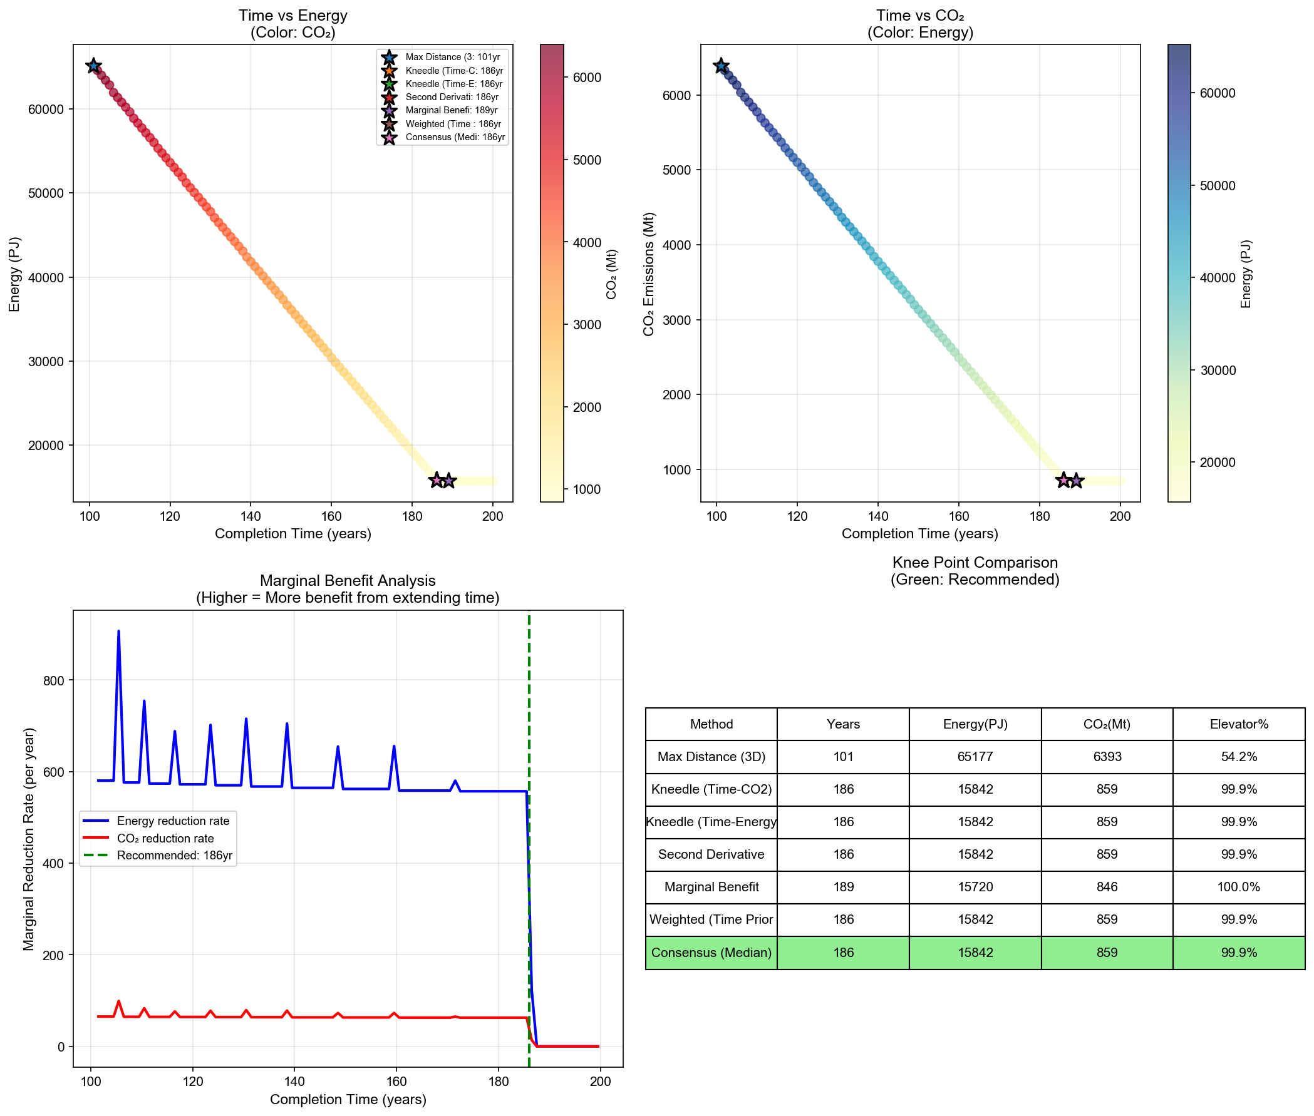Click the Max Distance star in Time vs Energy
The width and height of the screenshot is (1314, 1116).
pyautogui.click(x=94, y=66)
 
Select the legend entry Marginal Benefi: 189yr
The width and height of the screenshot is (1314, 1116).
pyautogui.click(x=452, y=110)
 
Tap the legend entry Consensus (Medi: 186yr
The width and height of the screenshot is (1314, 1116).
pyautogui.click(x=455, y=136)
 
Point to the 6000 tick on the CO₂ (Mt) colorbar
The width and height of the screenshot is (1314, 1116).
pyautogui.click(x=587, y=78)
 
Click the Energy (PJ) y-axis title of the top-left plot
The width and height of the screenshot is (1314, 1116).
pyautogui.click(x=14, y=274)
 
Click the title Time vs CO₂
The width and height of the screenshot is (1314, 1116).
pyautogui.click(x=919, y=16)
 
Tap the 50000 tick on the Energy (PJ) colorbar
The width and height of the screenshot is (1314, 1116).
pyautogui.click(x=1217, y=185)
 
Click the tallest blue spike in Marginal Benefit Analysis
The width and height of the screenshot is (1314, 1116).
pyautogui.click(x=118, y=632)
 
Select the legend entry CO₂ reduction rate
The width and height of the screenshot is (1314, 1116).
pyautogui.click(x=165, y=838)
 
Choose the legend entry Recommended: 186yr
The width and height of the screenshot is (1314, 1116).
pyautogui.click(x=174, y=856)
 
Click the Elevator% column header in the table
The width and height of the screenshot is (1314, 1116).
pyautogui.click(x=1238, y=724)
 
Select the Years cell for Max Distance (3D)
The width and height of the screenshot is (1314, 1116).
pyautogui.click(x=842, y=757)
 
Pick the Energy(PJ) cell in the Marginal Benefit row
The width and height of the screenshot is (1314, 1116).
pyautogui.click(x=975, y=887)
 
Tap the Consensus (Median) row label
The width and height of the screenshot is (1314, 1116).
pyautogui.click(x=711, y=953)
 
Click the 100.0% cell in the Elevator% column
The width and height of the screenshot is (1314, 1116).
pyautogui.click(x=1238, y=887)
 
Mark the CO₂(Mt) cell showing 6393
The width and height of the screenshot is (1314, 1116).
pyautogui.click(x=1107, y=757)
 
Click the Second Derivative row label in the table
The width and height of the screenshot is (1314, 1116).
pyautogui.click(x=711, y=854)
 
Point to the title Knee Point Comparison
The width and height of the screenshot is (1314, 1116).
pyautogui.click(x=975, y=563)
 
